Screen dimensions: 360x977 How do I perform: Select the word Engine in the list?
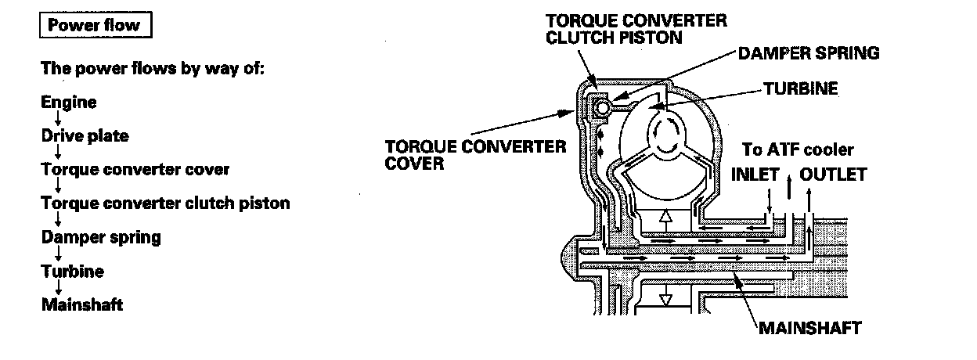click(70, 103)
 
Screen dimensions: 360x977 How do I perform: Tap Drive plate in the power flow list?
click(85, 136)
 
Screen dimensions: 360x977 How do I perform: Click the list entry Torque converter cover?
click(135, 169)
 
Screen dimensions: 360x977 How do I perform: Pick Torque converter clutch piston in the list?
click(165, 203)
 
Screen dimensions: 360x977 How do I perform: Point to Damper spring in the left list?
click(101, 237)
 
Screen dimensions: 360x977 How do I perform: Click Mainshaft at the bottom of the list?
click(81, 304)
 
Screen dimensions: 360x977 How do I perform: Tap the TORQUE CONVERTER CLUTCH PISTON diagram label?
click(636, 28)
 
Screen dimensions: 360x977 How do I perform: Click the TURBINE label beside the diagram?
click(799, 89)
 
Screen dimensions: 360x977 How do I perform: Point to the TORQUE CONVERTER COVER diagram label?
click(475, 155)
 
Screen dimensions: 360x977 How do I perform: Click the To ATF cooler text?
click(798, 149)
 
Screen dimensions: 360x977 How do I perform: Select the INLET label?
click(755, 174)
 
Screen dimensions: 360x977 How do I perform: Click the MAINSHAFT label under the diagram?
click(810, 328)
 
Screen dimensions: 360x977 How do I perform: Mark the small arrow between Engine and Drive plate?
click(59, 120)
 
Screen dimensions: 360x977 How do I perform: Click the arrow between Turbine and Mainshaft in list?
click(59, 288)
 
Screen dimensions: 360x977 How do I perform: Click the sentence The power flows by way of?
click(153, 68)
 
